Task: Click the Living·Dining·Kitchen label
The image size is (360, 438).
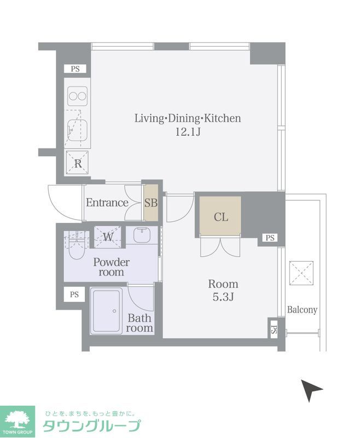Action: [188, 118]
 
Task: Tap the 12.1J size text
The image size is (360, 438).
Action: [188, 131]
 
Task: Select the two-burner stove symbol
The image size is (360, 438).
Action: [78, 96]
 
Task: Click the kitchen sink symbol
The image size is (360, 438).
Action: [78, 131]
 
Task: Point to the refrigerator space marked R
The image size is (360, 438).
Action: [77, 163]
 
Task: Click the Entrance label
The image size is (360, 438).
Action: [107, 203]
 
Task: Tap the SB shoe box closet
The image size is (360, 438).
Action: [151, 203]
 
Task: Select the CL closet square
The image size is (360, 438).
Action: [220, 216]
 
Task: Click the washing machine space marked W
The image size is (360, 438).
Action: [108, 237]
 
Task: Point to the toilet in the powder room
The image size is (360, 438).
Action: [76, 246]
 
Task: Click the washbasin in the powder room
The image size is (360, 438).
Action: [142, 235]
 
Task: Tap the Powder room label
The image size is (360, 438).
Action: [112, 267]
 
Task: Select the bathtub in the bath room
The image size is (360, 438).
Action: [106, 311]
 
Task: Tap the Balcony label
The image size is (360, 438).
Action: [302, 310]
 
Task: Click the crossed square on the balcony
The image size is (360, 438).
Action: [301, 273]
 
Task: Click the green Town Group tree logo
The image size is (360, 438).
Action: [18, 422]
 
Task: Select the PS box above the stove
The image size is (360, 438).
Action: [75, 69]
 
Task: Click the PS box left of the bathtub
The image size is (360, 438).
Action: [74, 295]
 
